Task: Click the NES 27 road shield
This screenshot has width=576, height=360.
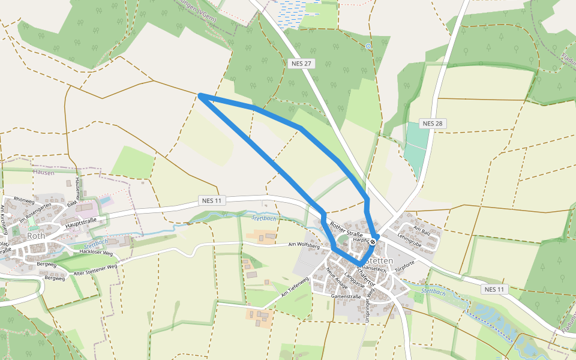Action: [301, 64]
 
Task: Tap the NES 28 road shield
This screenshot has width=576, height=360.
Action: [432, 124]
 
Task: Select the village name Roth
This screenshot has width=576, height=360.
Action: [35, 236]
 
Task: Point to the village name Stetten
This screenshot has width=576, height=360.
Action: [380, 261]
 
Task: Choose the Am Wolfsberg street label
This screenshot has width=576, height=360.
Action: [302, 244]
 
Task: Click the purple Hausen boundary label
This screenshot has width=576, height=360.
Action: [44, 173]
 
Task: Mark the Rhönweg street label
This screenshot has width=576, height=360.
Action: [24, 200]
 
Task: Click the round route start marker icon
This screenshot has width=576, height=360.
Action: [373, 242]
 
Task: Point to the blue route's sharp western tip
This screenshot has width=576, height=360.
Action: [199, 95]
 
